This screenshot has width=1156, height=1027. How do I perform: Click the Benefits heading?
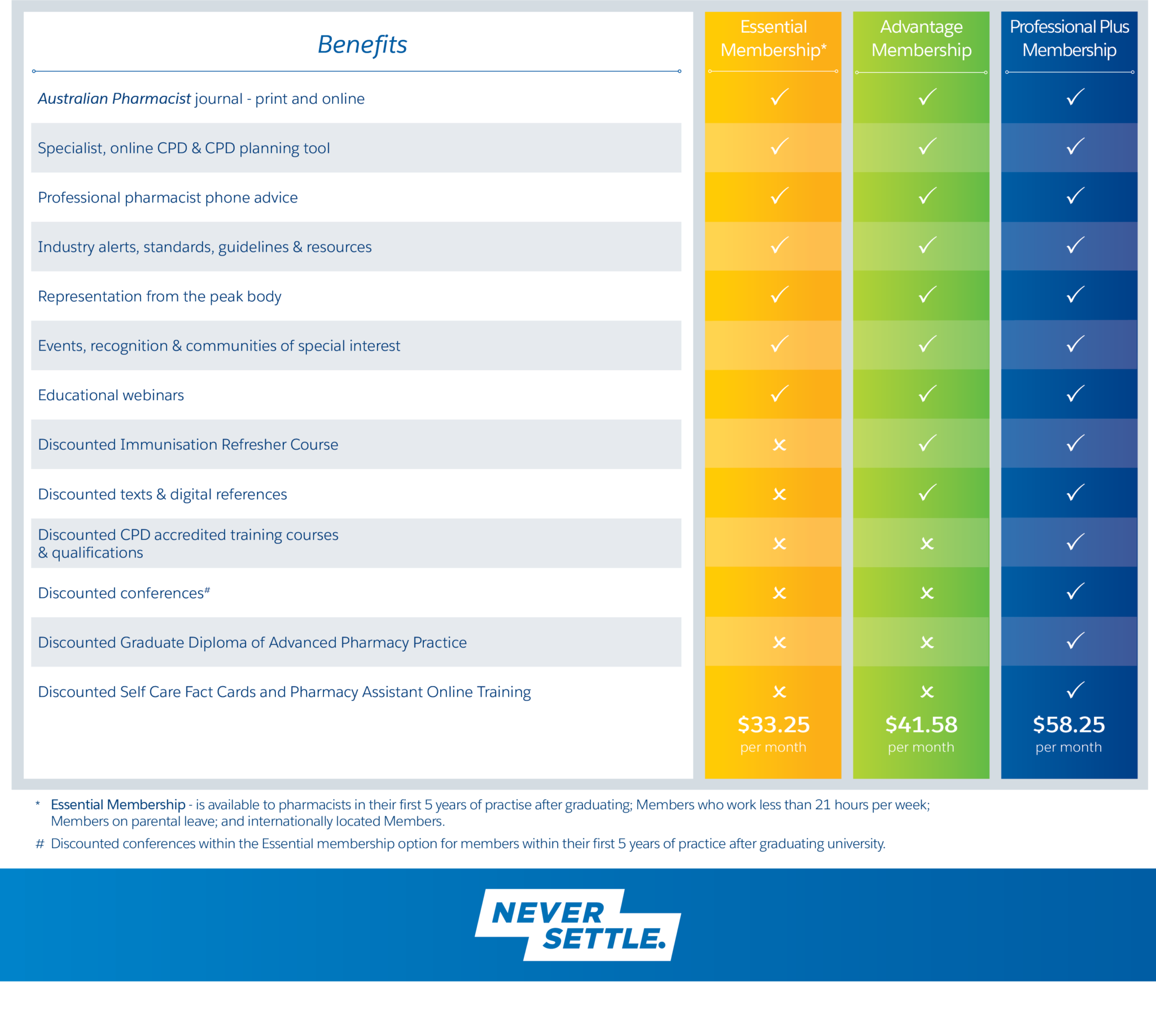pos(362,45)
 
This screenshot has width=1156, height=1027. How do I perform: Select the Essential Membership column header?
pos(773,38)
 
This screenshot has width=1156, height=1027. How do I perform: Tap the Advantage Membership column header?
pos(921,38)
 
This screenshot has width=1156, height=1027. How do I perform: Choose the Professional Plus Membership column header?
pos(1069,38)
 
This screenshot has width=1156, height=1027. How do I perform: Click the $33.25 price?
pos(773,725)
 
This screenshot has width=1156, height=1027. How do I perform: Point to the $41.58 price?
pos(921,725)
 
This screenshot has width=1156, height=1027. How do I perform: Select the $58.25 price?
pos(1069,725)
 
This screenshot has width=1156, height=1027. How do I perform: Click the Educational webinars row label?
pos(111,395)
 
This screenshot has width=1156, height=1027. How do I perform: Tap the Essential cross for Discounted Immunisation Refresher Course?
pos(780,445)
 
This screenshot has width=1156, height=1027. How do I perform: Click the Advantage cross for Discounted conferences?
pos(927,593)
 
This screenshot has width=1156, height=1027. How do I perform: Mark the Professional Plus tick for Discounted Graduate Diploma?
pos(1075,640)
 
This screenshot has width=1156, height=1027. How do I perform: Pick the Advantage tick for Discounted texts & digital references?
pos(927,493)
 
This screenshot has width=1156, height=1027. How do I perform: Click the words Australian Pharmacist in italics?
pos(114,98)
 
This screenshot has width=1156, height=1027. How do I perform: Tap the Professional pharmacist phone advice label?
pos(168,197)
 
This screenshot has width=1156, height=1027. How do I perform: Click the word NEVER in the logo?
pos(548,913)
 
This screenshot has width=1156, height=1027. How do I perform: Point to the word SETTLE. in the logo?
pos(604,939)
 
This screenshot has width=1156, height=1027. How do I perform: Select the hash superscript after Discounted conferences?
pos(207,590)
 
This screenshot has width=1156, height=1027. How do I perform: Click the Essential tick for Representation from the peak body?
pos(780,295)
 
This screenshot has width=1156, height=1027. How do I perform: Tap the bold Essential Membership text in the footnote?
pos(117,804)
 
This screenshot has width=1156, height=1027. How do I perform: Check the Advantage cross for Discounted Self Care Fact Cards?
pos(927,692)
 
